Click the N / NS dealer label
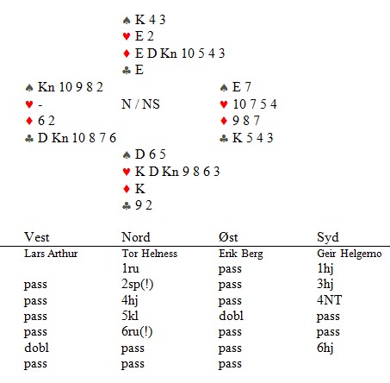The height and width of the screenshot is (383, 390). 140,104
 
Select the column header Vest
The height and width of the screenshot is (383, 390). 37,237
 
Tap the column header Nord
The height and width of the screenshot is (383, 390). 136,237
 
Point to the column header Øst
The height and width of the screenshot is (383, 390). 228,237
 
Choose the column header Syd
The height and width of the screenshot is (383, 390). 328,237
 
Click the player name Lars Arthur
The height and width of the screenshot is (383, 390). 51,254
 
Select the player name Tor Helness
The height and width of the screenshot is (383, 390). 150,254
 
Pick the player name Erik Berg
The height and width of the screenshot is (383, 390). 241,254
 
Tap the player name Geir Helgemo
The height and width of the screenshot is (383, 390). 350,254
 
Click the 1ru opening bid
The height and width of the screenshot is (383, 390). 130,268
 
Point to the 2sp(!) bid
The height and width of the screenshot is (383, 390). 137,285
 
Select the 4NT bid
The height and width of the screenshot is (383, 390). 329,300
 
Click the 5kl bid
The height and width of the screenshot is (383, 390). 130,316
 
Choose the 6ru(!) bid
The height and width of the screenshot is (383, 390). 137,332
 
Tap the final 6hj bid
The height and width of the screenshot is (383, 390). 325,348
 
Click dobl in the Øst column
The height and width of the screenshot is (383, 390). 231,316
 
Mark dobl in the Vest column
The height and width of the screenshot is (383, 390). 36,348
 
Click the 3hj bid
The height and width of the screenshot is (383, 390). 325,284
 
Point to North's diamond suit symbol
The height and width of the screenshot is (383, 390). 127,53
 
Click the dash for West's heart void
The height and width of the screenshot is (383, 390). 40,106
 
